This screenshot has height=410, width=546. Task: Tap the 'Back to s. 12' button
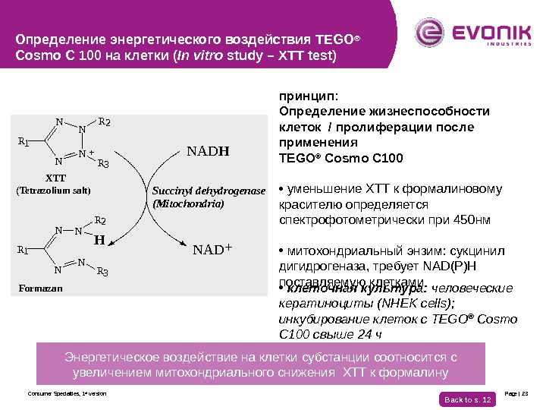(467, 399)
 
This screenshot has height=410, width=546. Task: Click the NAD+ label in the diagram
(212, 249)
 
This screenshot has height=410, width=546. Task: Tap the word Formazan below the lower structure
(41, 289)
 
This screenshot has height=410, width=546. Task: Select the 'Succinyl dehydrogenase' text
(209, 191)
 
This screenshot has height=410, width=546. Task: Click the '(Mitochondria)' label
(188, 203)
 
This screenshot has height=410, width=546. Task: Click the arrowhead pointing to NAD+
(182, 244)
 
